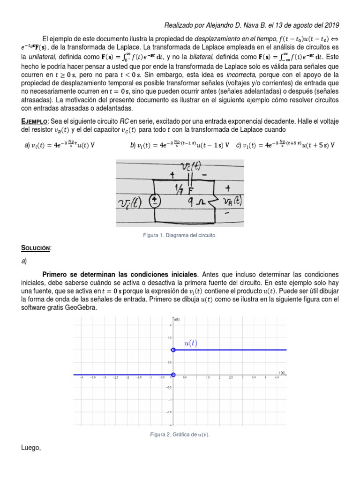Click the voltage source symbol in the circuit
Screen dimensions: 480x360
[154, 201]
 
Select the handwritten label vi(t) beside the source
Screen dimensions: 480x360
[133, 202]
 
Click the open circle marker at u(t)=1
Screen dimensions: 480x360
[173, 350]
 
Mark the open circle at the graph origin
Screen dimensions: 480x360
[173, 375]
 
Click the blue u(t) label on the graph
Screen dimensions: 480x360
[191, 343]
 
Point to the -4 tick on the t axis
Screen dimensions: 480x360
[82, 378]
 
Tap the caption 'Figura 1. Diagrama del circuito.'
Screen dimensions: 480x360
[180, 235]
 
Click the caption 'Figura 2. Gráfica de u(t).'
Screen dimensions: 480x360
[180, 435]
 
